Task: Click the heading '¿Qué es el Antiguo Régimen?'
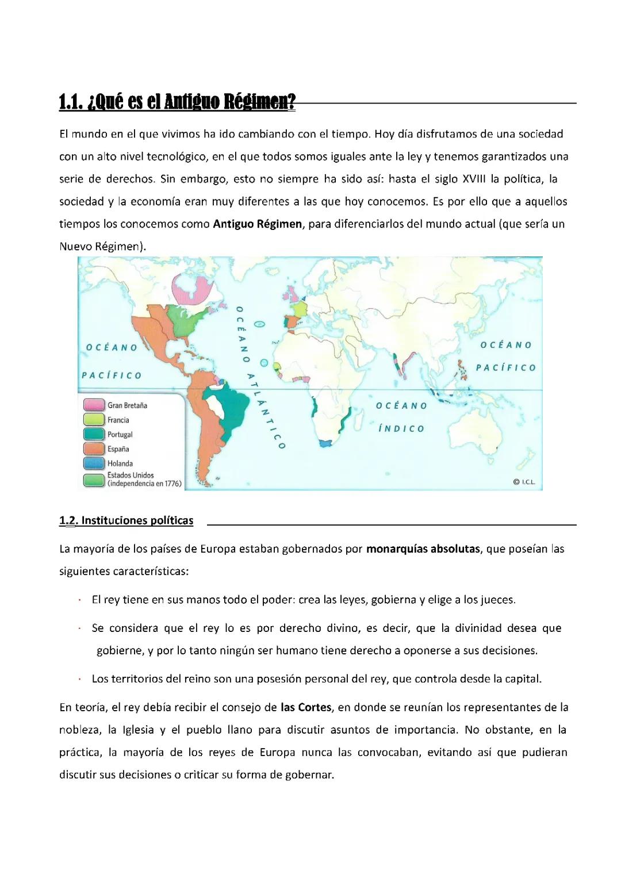click(x=177, y=102)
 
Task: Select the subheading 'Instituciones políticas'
click(x=137, y=521)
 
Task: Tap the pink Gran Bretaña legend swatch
click(x=94, y=405)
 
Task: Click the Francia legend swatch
click(x=94, y=420)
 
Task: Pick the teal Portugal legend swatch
click(x=94, y=434)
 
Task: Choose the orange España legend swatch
click(x=94, y=448)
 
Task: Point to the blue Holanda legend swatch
click(x=94, y=463)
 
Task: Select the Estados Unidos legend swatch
click(x=94, y=479)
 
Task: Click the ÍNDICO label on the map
click(x=401, y=429)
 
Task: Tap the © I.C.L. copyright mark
click(x=524, y=482)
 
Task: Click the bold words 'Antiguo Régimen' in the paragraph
click(x=257, y=224)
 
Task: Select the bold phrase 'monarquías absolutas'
click(x=423, y=549)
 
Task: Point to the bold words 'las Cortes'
click(x=306, y=707)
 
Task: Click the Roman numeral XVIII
click(x=474, y=179)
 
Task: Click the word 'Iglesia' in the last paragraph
click(x=138, y=730)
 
